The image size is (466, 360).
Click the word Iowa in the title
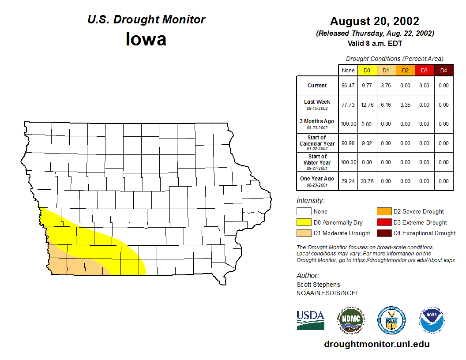[146, 39]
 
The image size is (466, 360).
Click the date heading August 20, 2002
[375, 21]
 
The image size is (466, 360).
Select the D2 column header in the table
[405, 71]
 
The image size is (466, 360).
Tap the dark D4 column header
[443, 71]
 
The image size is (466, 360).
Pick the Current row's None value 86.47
[348, 86]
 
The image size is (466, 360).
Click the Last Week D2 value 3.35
[405, 105]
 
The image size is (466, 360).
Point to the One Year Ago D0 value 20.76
[367, 181]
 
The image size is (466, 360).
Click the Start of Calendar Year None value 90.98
[348, 143]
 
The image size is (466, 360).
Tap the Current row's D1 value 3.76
[386, 86]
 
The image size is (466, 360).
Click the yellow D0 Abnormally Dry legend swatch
[304, 222]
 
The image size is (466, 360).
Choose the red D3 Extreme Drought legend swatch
[384, 222]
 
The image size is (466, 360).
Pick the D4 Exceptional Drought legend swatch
[384, 233]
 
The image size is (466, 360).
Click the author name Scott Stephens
[318, 285]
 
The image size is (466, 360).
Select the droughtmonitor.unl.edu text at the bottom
[376, 344]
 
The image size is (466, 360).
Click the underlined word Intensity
[310, 201]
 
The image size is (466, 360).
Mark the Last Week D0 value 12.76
[367, 105]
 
